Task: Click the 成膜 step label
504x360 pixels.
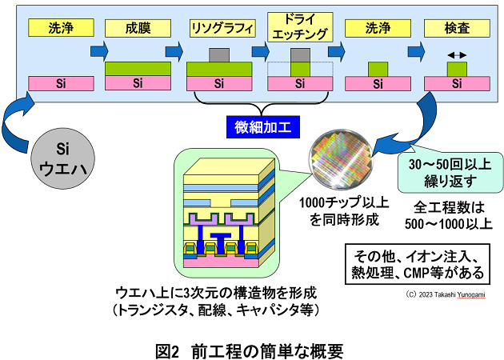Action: coord(138,28)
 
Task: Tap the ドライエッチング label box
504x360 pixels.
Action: coord(299,28)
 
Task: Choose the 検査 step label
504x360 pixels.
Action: coord(456,28)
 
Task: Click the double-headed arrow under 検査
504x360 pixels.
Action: coord(456,55)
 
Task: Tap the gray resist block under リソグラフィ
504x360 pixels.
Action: coord(218,56)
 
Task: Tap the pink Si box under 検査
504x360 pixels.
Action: coord(456,82)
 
